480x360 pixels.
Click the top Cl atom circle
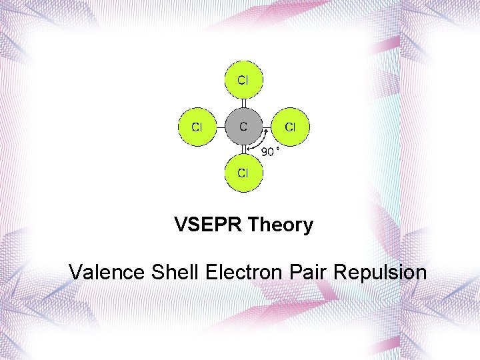pos(243,80)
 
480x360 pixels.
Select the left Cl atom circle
pos(197,126)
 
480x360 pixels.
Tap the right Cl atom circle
pos(290,126)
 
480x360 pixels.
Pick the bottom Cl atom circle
pos(243,173)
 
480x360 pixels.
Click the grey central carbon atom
pos(243,126)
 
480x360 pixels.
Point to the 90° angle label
pos(269,152)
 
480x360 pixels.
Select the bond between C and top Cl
pos(243,103)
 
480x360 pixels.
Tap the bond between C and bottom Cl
pos(243,149)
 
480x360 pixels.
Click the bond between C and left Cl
pos(221,126)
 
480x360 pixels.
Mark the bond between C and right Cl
pos(267,126)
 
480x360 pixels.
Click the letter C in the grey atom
pos(243,125)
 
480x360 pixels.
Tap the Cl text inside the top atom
pos(243,80)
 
